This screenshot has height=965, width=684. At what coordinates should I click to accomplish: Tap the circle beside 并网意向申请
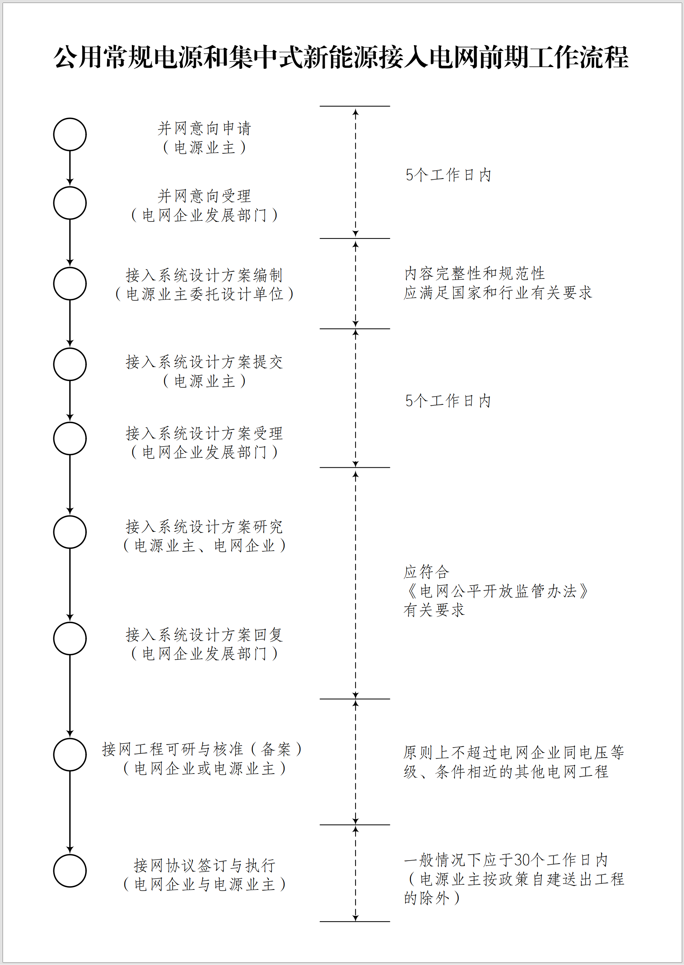(70, 118)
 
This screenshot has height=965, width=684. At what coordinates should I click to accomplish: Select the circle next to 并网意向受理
(70, 187)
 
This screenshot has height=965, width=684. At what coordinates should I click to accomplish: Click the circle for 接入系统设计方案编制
(70, 268)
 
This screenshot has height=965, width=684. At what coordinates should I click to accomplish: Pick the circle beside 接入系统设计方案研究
(70, 516)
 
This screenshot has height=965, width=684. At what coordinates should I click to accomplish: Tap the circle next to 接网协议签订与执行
(70, 855)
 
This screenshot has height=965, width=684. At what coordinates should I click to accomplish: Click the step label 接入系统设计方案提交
(204, 362)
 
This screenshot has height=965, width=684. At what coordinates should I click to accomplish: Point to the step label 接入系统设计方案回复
(204, 634)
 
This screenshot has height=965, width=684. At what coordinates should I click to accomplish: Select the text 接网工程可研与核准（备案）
(202, 749)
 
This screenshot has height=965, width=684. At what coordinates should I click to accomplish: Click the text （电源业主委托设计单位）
(204, 294)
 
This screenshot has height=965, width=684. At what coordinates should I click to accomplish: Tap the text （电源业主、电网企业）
(204, 546)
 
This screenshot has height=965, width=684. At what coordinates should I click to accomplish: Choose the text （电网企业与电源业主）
(204, 884)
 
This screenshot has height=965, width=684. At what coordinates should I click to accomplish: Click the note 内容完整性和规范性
(475, 274)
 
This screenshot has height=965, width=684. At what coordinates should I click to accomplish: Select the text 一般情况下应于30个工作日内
(506, 860)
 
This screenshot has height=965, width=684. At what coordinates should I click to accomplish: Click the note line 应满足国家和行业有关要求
(498, 293)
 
